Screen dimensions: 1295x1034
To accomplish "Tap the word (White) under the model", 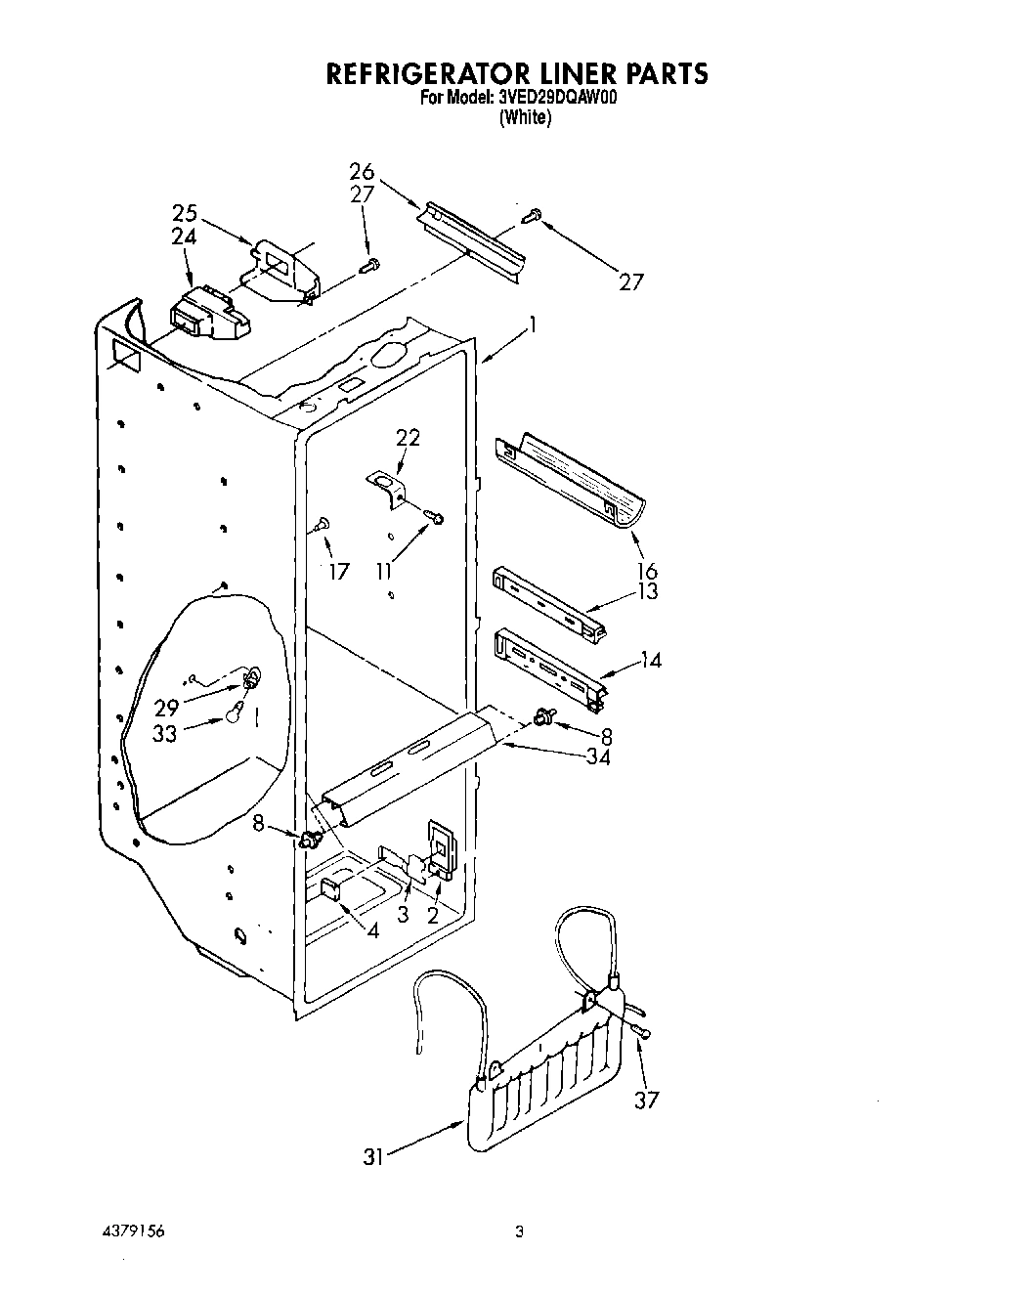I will (525, 118).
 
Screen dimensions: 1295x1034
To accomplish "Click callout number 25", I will (185, 213).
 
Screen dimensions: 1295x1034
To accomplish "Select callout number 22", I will (408, 438).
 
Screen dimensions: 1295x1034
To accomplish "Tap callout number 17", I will (338, 572).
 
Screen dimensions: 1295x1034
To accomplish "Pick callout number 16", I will (646, 571).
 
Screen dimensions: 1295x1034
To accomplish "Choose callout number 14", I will (650, 661).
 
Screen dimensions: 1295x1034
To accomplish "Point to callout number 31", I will (371, 1156).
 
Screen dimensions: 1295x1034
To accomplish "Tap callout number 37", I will (646, 1100).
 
